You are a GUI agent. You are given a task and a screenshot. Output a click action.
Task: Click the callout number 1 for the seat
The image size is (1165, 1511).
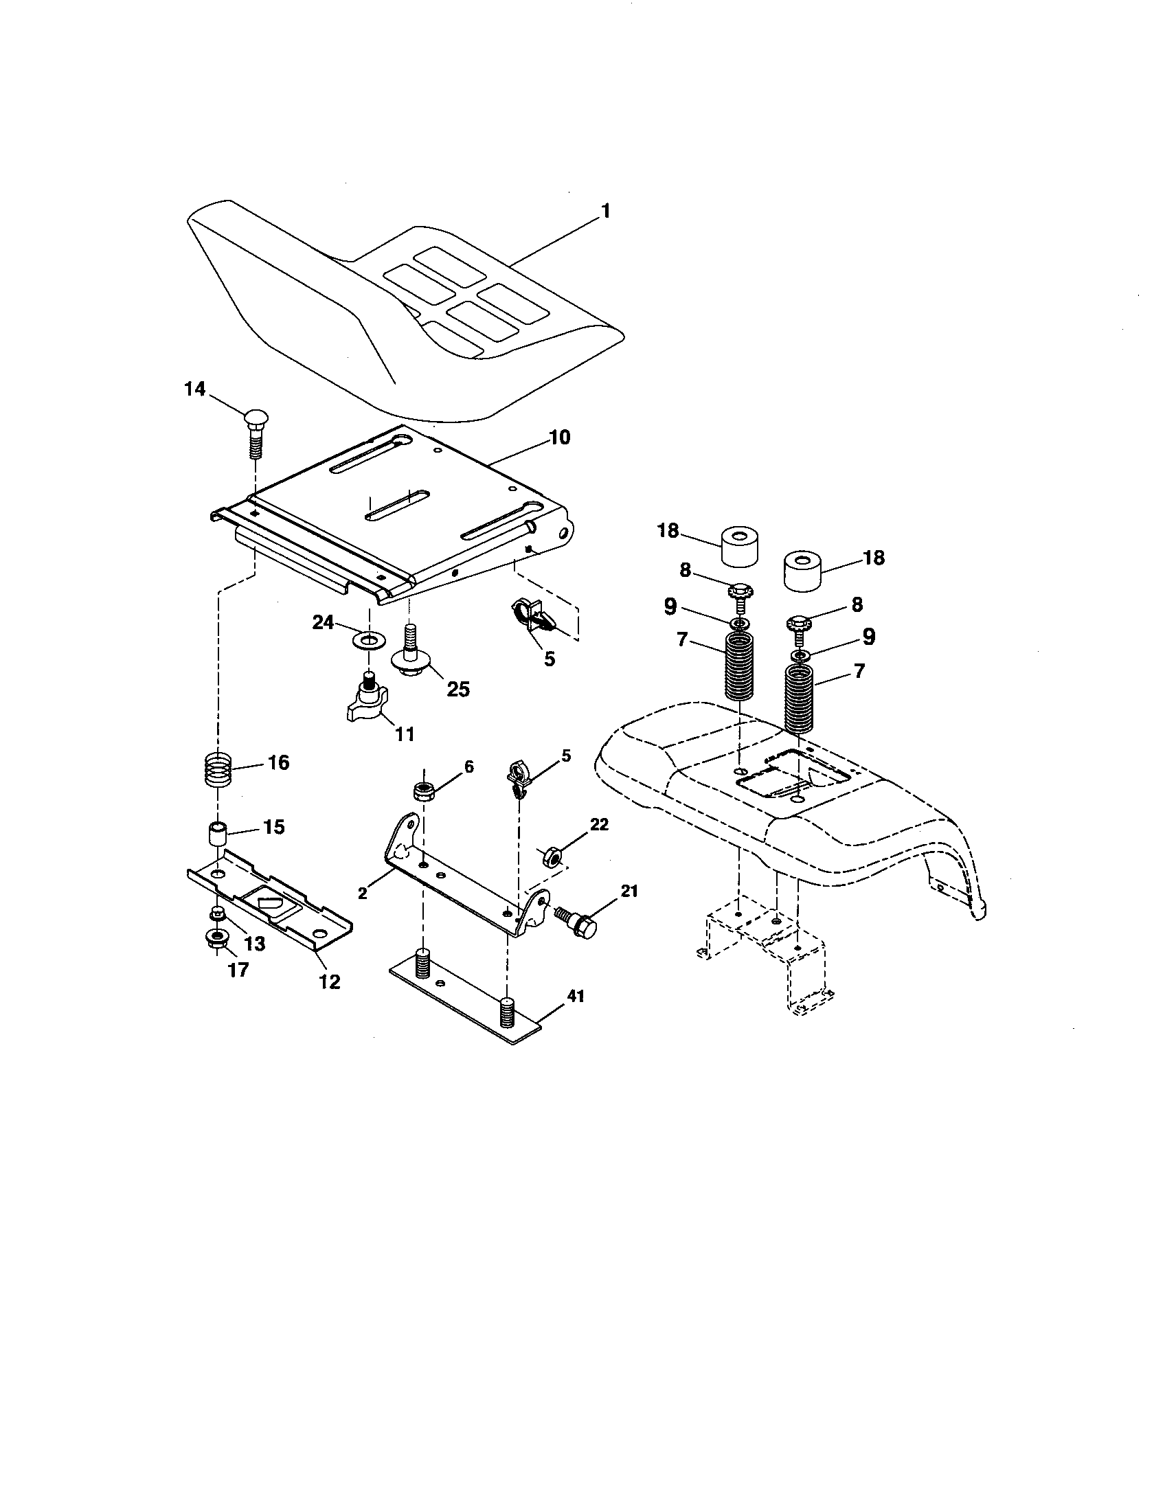(605, 211)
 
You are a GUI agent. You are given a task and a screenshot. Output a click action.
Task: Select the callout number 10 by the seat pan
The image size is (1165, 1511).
(559, 438)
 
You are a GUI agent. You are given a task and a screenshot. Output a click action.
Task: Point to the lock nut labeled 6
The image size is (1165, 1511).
(423, 790)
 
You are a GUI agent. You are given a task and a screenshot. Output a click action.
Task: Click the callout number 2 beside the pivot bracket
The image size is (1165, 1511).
(363, 892)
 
